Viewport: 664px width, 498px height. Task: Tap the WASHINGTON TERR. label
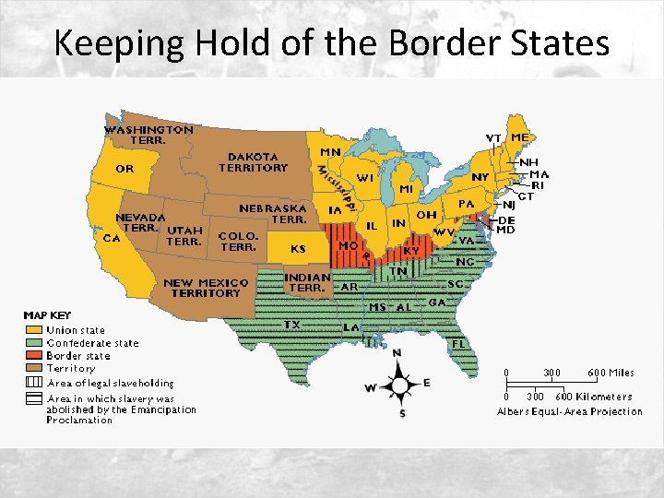click(148, 135)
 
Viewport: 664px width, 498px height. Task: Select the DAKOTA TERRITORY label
click(253, 162)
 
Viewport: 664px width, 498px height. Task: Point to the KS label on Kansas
click(298, 248)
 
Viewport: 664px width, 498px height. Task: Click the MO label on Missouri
click(349, 246)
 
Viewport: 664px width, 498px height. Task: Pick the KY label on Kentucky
click(411, 250)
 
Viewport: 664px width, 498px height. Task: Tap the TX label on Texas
click(291, 325)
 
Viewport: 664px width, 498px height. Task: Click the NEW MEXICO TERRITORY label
click(206, 288)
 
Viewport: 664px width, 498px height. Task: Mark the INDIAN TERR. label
click(308, 282)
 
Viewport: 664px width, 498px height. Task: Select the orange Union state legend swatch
click(33, 329)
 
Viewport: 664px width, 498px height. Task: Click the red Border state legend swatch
click(33, 355)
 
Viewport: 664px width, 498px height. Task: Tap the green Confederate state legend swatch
click(33, 342)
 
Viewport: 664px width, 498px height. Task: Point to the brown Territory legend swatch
click(33, 368)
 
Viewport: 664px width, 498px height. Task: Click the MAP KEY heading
click(47, 315)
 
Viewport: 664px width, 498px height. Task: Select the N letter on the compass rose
click(397, 353)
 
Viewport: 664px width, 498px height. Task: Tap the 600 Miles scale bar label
click(611, 373)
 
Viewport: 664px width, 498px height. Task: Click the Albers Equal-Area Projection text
click(570, 411)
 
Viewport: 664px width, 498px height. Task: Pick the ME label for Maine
click(520, 137)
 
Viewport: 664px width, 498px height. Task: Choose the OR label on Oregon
click(125, 169)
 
